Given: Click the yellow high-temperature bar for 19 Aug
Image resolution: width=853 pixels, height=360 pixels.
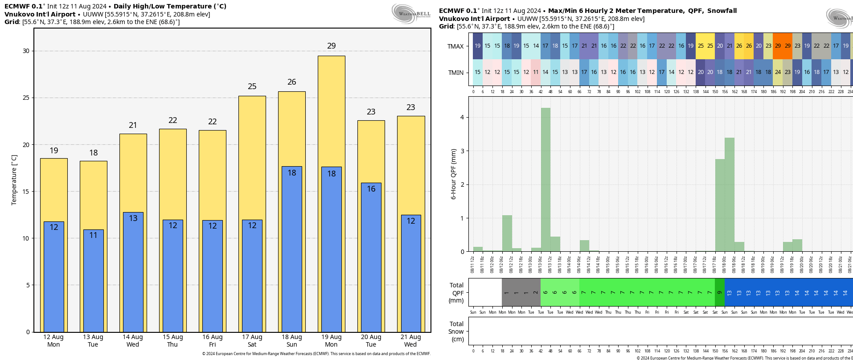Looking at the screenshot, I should point(331,111).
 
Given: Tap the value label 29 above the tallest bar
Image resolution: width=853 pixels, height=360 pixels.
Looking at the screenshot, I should point(331,46).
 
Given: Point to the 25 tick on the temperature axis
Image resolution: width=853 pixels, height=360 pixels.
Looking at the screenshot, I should point(26,98).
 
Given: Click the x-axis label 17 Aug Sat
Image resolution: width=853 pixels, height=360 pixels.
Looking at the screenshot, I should point(252,341).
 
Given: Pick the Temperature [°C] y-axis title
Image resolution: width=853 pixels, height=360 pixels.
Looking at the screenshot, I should point(14,180).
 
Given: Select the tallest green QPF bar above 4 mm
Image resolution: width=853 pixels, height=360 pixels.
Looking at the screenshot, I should point(545,178).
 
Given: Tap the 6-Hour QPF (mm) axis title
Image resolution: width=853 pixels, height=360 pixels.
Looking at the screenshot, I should point(453,174).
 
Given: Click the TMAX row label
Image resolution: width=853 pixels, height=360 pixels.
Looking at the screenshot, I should point(455,46).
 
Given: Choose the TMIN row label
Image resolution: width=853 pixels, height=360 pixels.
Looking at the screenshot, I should point(455,73).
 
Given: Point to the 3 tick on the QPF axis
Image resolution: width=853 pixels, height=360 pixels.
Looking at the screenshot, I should point(462,151).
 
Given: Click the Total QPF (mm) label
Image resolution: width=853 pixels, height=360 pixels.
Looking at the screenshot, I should point(456,293).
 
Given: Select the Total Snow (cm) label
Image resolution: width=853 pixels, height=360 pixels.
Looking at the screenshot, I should point(456,331).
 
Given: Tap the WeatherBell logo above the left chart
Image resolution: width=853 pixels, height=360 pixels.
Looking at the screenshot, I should point(410,13).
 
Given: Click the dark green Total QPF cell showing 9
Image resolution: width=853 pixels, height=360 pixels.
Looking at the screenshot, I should point(719,292).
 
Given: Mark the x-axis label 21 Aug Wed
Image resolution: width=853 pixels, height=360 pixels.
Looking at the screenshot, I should point(410,341).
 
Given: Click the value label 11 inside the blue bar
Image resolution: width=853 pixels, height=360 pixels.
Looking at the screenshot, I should point(93,235).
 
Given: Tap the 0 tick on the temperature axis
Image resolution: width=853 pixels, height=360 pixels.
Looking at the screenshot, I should point(28,332).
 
